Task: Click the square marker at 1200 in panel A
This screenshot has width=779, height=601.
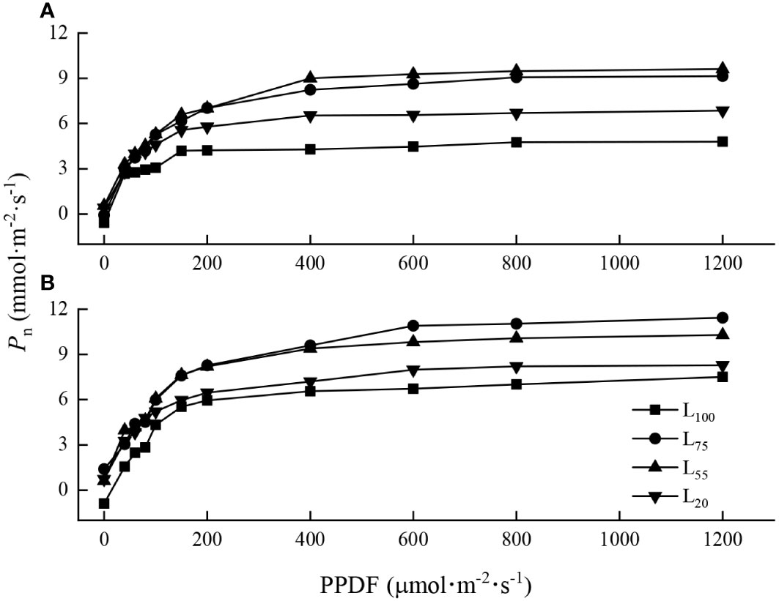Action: point(723,141)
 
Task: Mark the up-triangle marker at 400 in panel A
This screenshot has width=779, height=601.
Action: point(310,78)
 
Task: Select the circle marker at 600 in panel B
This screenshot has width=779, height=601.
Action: point(413,325)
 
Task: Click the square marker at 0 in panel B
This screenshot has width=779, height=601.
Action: point(104,504)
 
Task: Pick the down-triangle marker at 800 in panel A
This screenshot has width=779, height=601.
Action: point(517,113)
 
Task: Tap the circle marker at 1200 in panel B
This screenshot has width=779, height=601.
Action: point(723,317)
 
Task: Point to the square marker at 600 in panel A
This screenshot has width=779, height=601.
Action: point(413,146)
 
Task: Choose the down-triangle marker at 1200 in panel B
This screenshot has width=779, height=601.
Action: point(723,365)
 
